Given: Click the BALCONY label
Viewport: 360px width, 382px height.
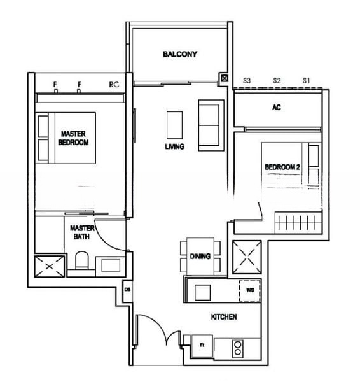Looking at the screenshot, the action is (180, 54).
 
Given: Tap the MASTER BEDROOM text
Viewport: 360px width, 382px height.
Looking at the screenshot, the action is (73, 138).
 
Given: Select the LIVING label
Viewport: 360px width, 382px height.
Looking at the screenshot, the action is (174, 146).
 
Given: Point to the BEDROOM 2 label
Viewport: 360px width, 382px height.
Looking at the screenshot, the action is (282, 167).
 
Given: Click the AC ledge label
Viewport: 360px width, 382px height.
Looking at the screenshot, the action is (277, 107).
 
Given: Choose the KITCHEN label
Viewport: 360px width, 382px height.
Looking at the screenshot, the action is (224, 316).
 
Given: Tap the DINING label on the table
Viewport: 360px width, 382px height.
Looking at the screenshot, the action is (200, 257).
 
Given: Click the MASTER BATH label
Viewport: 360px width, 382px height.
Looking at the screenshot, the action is (82, 232).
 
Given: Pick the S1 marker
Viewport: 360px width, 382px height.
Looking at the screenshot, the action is (307, 80).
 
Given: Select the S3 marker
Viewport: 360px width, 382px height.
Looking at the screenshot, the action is (247, 80).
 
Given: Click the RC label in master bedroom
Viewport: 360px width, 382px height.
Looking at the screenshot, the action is (114, 85).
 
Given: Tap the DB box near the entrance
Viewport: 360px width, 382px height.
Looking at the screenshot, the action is (127, 290).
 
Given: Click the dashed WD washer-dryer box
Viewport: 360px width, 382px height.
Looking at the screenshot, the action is (250, 290).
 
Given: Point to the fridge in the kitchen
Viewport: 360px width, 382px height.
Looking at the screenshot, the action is (202, 346).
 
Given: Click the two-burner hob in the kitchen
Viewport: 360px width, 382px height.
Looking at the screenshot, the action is (238, 349).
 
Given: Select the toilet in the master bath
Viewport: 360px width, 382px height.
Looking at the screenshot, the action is (82, 260).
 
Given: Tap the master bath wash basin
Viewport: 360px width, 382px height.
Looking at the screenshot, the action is (111, 265).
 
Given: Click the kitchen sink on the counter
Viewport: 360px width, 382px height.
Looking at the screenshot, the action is (203, 292).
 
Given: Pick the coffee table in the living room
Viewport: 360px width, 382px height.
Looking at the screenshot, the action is (174, 125).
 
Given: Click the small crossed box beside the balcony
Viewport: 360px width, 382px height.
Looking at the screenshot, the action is (225, 78).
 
